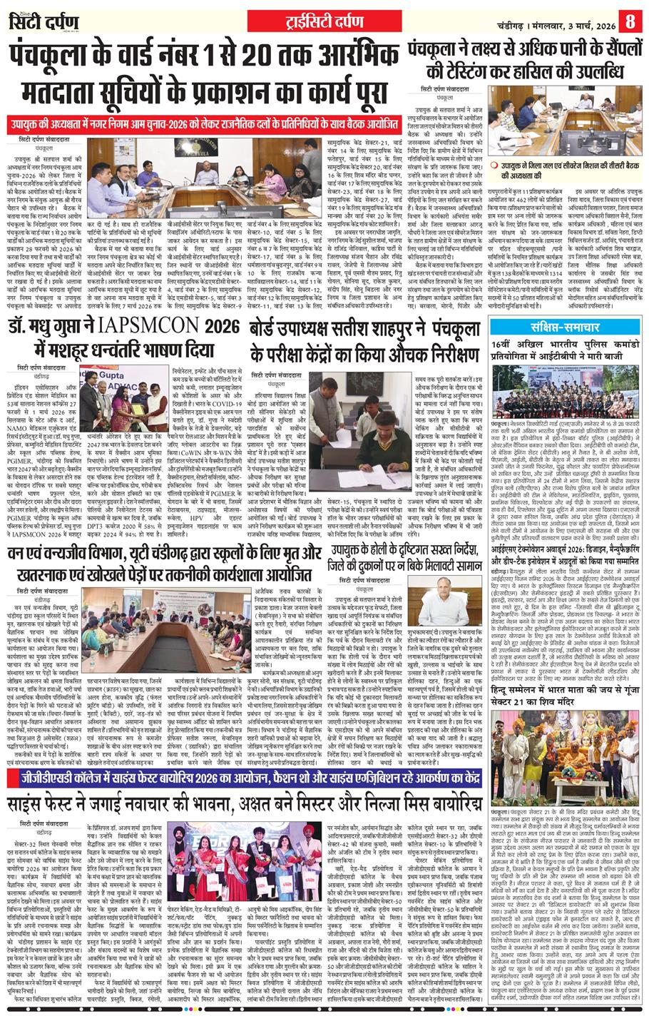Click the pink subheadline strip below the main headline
click(x=201, y=120)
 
